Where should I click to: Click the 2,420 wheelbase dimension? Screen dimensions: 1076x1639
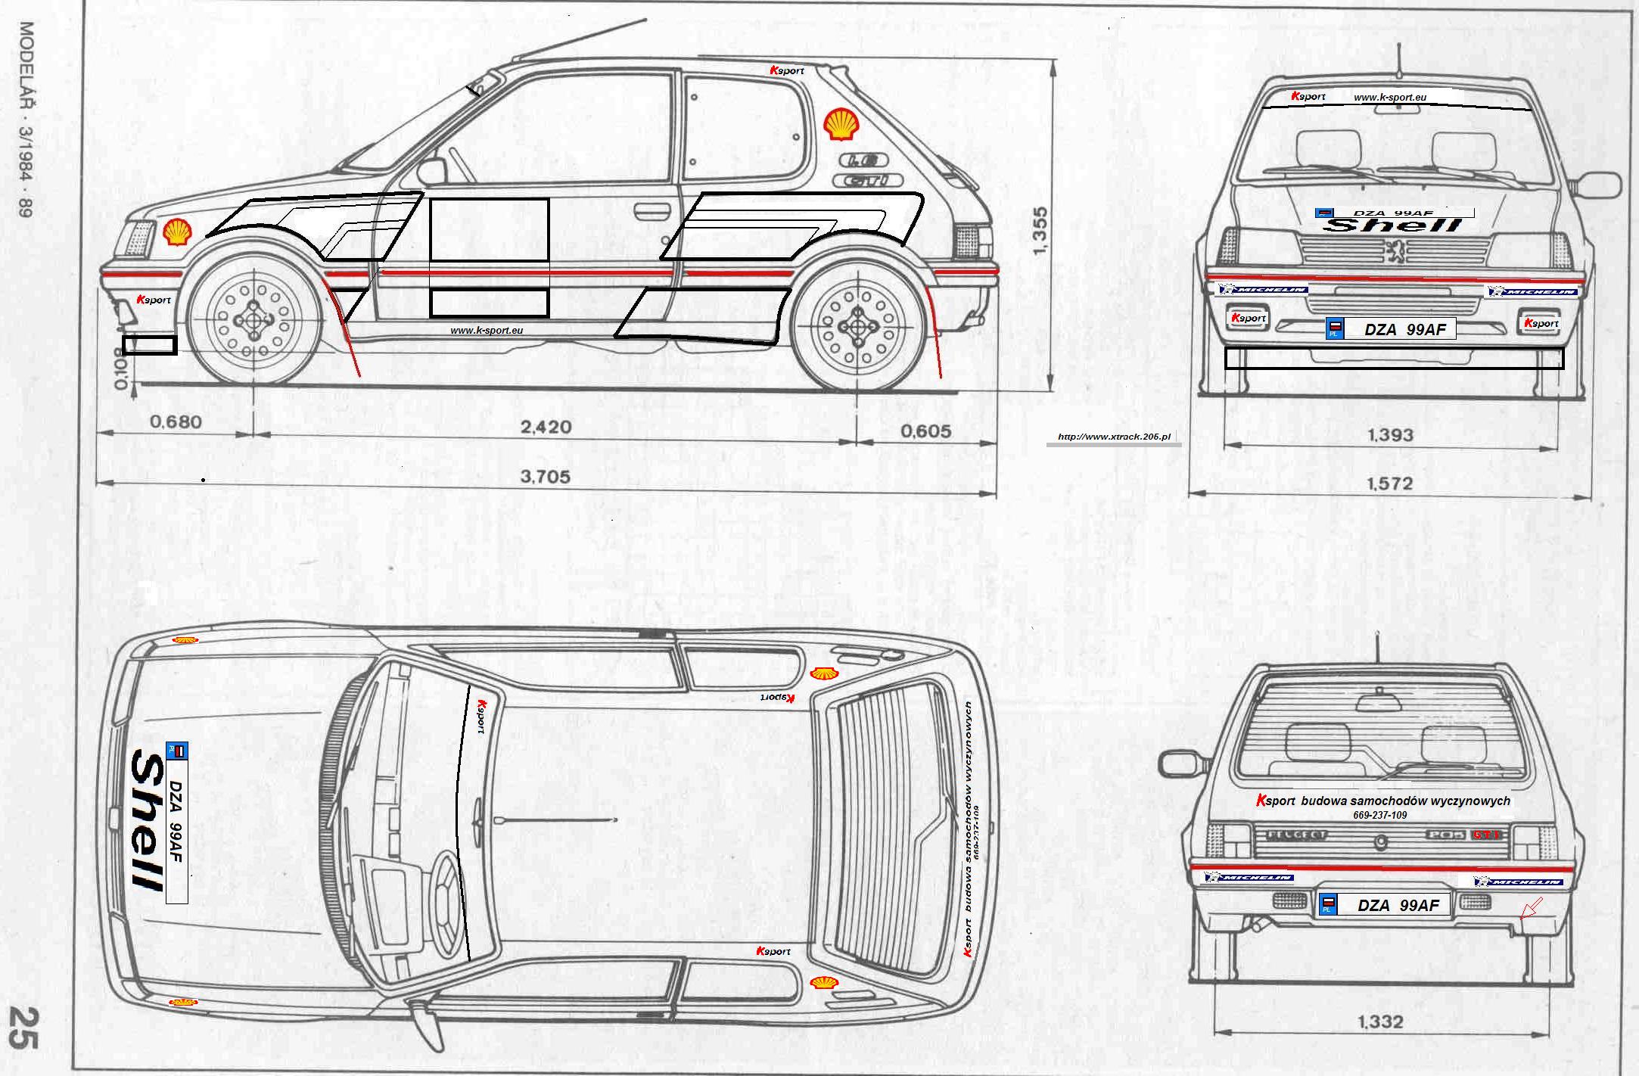click(x=546, y=428)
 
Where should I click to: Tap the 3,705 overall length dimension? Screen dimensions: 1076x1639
click(x=546, y=477)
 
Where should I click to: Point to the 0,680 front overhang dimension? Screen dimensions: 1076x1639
click(x=176, y=421)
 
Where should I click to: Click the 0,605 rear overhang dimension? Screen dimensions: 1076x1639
click(x=925, y=431)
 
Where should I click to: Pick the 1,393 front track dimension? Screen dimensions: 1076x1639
click(x=1390, y=435)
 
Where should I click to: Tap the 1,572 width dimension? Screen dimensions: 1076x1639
click(x=1390, y=483)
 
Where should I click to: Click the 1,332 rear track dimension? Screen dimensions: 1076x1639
click(x=1380, y=1022)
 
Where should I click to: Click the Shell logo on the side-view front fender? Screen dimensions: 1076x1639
click(x=177, y=232)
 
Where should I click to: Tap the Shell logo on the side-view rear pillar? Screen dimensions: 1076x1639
click(x=841, y=124)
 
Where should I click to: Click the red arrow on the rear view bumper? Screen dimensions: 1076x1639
click(x=1531, y=907)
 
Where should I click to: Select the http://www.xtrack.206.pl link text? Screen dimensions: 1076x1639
click(x=1114, y=437)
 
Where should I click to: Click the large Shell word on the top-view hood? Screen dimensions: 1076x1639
click(x=148, y=820)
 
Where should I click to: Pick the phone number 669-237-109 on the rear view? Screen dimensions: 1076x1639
click(x=1379, y=815)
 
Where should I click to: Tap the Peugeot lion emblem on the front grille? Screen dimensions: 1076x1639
click(x=1391, y=250)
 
